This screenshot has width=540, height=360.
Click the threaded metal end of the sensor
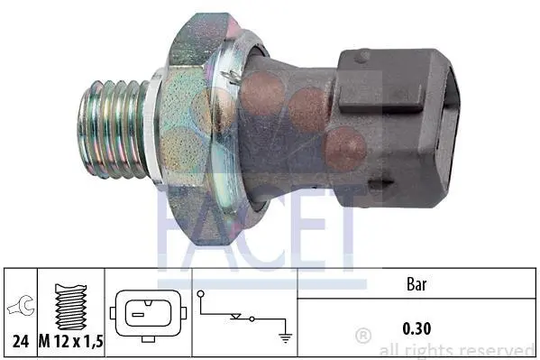tap(114, 129)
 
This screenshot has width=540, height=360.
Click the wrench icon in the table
tap(21, 306)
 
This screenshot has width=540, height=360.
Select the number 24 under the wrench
tap(21, 341)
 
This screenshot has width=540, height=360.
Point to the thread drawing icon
tap(70, 307)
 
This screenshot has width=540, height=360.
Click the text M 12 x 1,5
tap(71, 341)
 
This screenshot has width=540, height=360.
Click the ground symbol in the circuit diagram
tap(286, 338)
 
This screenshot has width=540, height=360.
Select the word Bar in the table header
tap(416, 284)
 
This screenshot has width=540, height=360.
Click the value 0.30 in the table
tap(416, 328)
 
